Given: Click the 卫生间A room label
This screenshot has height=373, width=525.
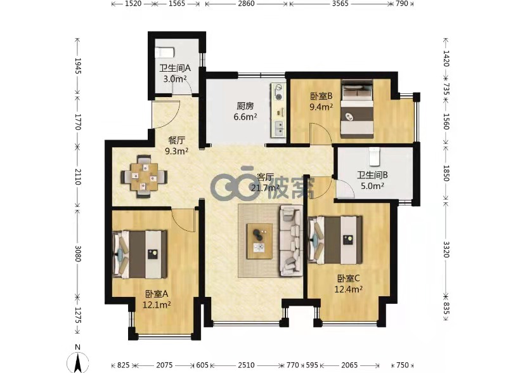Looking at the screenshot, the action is click(x=175, y=69).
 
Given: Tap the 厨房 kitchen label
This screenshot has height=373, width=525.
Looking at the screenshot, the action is click(x=245, y=106).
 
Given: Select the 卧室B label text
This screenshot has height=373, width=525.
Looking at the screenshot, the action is click(x=321, y=96).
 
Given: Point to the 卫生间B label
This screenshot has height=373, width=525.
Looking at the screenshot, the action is click(x=372, y=175).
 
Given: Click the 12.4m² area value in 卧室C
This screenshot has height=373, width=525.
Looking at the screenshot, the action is click(x=348, y=289).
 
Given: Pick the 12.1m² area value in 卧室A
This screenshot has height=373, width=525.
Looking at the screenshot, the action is click(x=157, y=304).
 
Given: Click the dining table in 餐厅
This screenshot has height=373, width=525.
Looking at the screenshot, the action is click(x=144, y=176).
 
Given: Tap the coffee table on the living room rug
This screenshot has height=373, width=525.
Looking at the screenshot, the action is click(x=259, y=242).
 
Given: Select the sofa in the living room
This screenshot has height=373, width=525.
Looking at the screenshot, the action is click(x=290, y=240).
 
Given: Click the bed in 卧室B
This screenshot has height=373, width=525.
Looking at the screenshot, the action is click(x=357, y=108).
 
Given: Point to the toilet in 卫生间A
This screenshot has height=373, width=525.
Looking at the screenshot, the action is click(x=165, y=53).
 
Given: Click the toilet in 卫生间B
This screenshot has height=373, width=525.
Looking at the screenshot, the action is click(x=375, y=157).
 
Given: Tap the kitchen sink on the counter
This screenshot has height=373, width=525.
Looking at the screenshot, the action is click(x=278, y=128).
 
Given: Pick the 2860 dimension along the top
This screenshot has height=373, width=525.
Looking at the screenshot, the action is click(x=246, y=4).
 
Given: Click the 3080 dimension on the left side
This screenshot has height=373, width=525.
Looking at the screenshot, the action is click(x=78, y=254).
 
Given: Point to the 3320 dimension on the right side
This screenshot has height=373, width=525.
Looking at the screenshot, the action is click(x=446, y=249).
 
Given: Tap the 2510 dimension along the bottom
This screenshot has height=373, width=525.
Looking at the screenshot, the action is click(x=246, y=365).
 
